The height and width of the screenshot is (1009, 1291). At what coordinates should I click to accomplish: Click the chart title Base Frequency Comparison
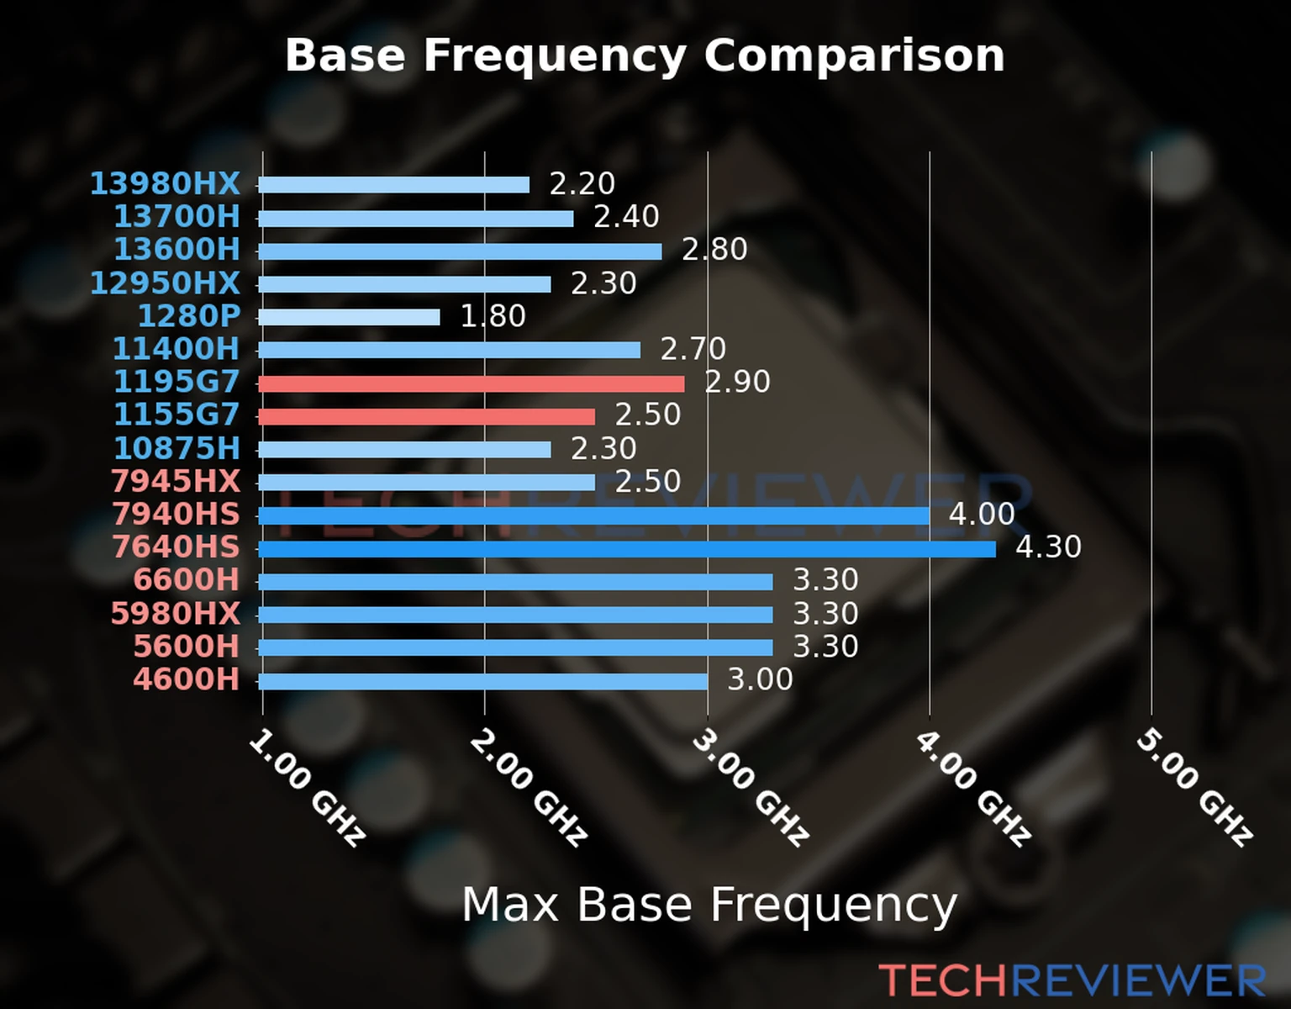tap(645, 55)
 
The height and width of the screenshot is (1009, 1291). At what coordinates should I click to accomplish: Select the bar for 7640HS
tap(626, 549)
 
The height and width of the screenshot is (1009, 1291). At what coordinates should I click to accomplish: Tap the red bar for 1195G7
tap(471, 384)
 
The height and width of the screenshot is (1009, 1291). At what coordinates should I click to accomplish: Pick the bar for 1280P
tap(349, 317)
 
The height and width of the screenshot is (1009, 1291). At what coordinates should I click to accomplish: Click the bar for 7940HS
tap(593, 515)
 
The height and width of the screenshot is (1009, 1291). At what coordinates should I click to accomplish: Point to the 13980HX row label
tap(165, 183)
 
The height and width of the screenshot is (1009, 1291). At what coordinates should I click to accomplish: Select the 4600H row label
tap(187, 679)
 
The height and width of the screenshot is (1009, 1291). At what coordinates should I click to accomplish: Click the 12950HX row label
tap(165, 283)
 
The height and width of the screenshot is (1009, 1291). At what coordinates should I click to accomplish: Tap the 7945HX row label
tap(176, 481)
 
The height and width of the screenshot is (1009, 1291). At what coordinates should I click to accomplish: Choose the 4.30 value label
tap(1048, 547)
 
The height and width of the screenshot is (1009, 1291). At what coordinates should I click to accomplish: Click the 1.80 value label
tap(493, 316)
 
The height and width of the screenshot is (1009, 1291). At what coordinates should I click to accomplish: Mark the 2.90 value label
tap(737, 382)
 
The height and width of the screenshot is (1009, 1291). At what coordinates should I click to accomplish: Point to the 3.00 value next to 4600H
tap(760, 679)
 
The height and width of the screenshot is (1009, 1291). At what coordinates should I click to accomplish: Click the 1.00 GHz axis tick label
tap(308, 788)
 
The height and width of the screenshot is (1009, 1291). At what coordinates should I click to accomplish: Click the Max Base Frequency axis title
tap(709, 905)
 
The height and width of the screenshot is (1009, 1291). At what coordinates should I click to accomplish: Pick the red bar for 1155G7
tap(426, 417)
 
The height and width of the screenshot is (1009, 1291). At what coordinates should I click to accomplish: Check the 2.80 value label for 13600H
tap(714, 250)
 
